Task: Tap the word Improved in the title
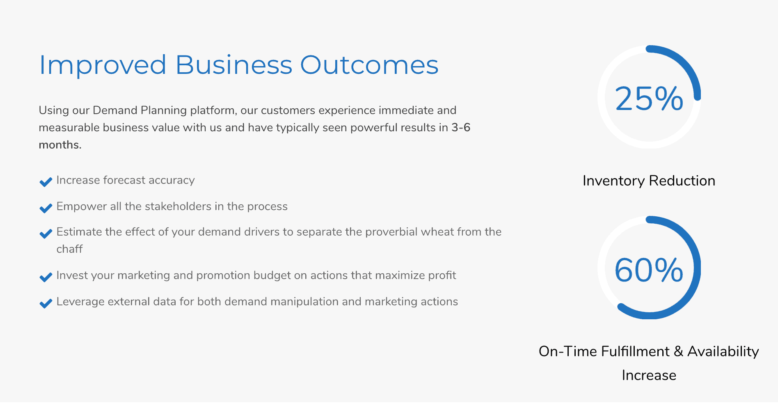(103, 66)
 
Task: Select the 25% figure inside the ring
(649, 98)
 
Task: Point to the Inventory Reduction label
(649, 181)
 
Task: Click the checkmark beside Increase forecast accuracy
(46, 182)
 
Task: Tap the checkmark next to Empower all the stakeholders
(46, 208)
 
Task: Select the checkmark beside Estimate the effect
(46, 234)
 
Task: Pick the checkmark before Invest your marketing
(46, 277)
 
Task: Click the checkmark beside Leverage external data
(46, 303)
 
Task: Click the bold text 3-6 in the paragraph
(461, 128)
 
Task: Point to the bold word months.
(60, 145)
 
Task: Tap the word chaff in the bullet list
(69, 249)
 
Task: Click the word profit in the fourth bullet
(442, 275)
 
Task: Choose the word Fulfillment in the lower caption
(635, 351)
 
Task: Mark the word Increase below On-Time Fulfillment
(649, 375)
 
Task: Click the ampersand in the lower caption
(678, 351)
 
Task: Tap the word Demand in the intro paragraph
(115, 110)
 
